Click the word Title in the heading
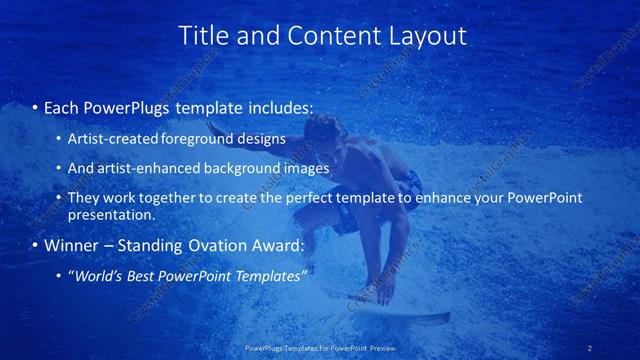(x=204, y=36)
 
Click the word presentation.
(x=111, y=214)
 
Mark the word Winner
(x=71, y=245)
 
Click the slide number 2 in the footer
(x=589, y=348)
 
